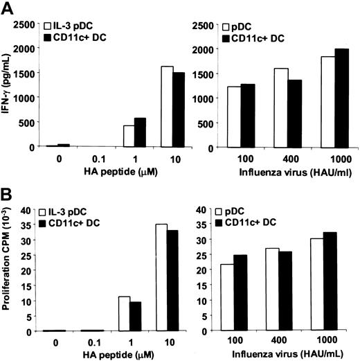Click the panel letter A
[8, 8]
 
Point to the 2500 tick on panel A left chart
[24, 25]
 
